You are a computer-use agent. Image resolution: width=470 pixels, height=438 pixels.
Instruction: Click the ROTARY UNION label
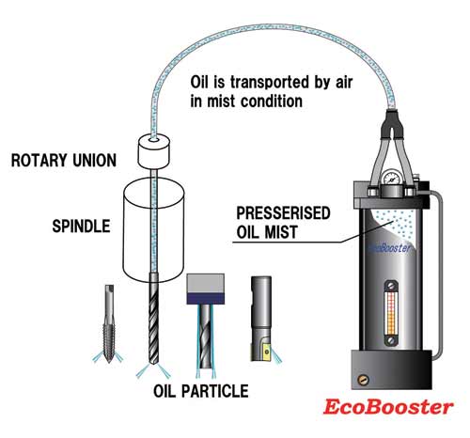point(64,161)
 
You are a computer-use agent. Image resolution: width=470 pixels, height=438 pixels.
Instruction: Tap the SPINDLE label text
point(81,227)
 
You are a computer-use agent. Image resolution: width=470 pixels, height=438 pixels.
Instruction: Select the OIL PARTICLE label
point(201,391)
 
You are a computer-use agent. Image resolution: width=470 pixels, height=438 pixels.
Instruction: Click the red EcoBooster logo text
point(388,407)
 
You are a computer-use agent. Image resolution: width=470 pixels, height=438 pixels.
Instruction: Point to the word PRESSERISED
point(283,213)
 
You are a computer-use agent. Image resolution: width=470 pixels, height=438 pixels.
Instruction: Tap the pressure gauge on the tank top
point(391,179)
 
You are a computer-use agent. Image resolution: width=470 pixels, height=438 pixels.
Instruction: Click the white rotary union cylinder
point(153,151)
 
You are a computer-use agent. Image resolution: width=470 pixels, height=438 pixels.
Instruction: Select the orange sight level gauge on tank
point(391,313)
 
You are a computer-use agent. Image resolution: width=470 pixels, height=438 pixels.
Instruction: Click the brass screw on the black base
point(364,380)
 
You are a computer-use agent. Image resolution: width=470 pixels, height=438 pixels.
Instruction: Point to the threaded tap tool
point(109,323)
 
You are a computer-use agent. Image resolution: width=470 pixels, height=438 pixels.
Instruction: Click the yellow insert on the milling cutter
point(267,352)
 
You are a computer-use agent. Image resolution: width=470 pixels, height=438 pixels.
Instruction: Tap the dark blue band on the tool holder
point(206,299)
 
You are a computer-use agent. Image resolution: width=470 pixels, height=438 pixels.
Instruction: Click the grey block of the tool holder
point(206,284)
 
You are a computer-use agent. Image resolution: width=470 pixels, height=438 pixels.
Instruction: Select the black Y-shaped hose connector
point(392,126)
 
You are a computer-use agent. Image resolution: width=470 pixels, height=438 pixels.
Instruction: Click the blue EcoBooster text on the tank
point(390,248)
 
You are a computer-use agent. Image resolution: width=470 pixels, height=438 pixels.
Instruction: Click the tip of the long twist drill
point(153,364)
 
